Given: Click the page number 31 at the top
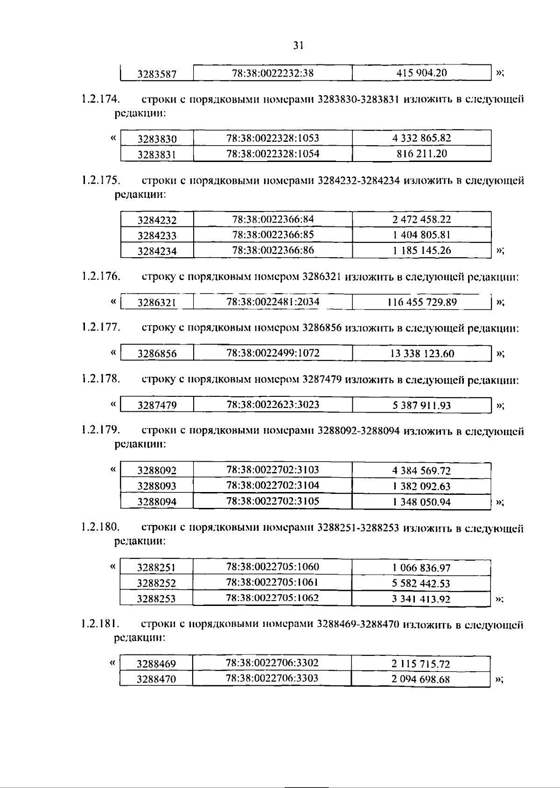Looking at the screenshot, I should (x=299, y=45).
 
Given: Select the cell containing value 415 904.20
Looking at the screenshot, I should (x=421, y=73).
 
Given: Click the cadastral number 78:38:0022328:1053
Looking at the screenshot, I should (x=273, y=138).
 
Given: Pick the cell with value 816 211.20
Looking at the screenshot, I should (x=421, y=154).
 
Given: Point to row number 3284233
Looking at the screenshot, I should (x=157, y=235).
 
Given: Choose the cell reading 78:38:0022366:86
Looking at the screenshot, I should (x=273, y=250).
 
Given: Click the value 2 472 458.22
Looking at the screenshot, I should (x=421, y=219).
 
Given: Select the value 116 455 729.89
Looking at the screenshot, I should (x=422, y=302).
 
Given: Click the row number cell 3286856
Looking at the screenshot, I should (x=157, y=354).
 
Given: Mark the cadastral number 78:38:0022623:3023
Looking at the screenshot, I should (x=273, y=404).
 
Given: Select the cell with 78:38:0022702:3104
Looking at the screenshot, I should (x=273, y=485).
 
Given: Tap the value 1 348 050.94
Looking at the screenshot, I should (x=421, y=502).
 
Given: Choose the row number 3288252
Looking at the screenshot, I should (x=156, y=583).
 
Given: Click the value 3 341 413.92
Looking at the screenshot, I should (x=421, y=599).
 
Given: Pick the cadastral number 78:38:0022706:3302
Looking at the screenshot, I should (x=272, y=663).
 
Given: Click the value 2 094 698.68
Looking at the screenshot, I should (x=420, y=679).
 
